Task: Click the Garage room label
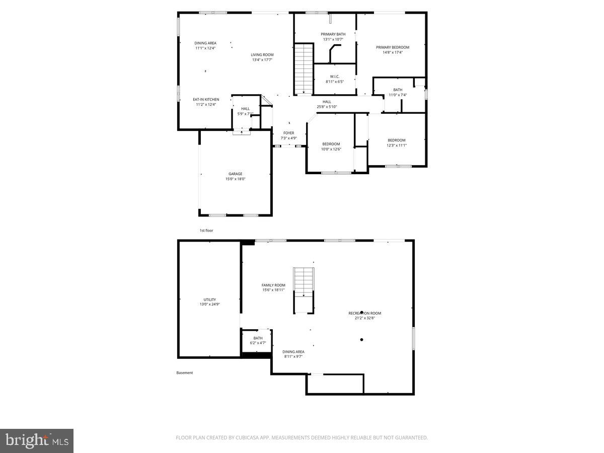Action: (235, 174)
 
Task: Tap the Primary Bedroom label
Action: (393, 47)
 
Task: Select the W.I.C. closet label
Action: (334, 77)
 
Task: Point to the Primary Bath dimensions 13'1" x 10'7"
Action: (333, 39)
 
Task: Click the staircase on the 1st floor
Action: (304, 68)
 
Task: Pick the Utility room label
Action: (209, 299)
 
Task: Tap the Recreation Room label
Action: (365, 313)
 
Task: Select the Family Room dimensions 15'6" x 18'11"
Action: (273, 290)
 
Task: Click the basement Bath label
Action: (258, 338)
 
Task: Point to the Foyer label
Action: (288, 133)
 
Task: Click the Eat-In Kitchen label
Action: (206, 100)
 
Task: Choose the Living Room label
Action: (262, 55)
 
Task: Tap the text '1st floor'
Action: (206, 230)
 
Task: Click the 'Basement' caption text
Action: (185, 373)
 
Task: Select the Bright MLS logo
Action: (37, 441)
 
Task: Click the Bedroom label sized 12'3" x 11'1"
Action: (396, 140)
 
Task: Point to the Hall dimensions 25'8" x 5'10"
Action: (327, 107)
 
